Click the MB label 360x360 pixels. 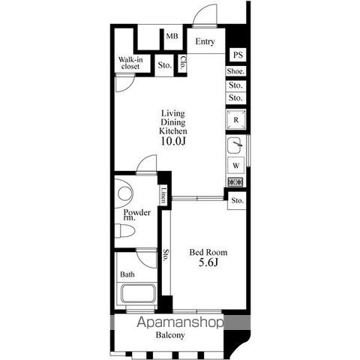[172, 36]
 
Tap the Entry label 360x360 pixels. [205, 41]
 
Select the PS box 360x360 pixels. [238, 55]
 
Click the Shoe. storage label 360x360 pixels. [235, 71]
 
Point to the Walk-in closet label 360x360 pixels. [130, 63]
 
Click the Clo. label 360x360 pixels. [183, 62]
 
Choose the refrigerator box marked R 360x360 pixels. [236, 120]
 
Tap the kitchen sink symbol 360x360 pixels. [235, 145]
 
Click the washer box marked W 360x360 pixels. [236, 166]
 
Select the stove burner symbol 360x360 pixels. [235, 181]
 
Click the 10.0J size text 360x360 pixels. [173, 142]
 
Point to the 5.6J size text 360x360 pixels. [208, 262]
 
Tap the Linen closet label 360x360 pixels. [163, 195]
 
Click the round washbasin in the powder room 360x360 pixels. [125, 193]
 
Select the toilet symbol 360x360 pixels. [124, 231]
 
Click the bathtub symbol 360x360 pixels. [138, 293]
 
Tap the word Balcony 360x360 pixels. [170, 335]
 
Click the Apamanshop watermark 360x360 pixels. [180, 322]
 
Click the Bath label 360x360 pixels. [127, 274]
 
